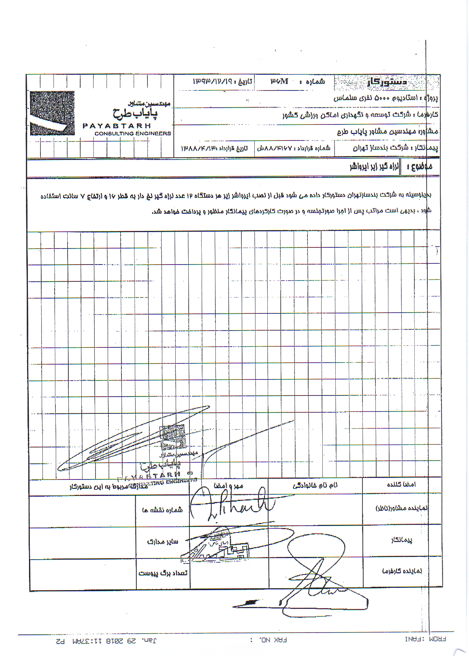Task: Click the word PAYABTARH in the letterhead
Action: tap(117, 126)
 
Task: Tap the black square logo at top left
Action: tap(52, 113)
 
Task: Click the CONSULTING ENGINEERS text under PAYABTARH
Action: tap(133, 134)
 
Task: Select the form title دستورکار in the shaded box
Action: tap(387, 82)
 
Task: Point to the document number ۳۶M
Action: tap(280, 81)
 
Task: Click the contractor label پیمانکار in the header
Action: tap(427, 147)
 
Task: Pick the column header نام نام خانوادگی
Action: tap(315, 486)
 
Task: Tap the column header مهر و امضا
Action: tap(228, 486)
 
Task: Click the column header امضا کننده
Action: tap(401, 484)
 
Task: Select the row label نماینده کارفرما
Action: tap(402, 571)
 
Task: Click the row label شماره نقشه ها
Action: tap(162, 510)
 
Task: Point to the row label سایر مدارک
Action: tap(163, 541)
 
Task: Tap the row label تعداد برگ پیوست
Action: tap(163, 573)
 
